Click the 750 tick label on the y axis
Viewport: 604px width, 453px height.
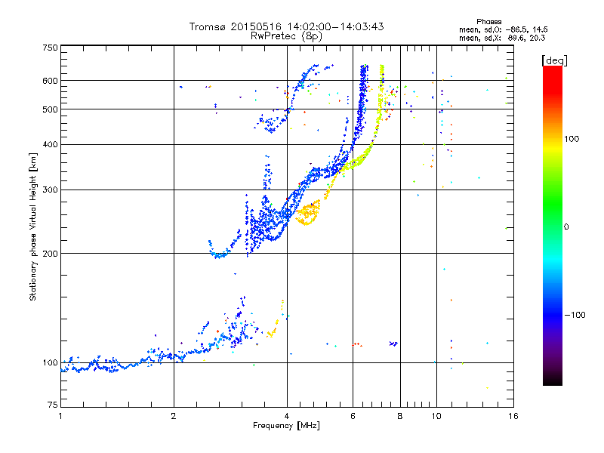tap(50, 48)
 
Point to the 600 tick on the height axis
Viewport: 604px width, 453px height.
tap(50, 81)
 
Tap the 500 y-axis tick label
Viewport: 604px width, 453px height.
tap(50, 109)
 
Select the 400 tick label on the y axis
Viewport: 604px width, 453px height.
tap(50, 144)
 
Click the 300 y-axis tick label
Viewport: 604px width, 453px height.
tap(50, 190)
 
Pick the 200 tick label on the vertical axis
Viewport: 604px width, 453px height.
tap(50, 254)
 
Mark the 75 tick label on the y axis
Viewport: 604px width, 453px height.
tap(52, 405)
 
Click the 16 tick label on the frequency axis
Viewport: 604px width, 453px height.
tap(512, 417)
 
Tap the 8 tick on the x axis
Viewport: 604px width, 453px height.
tap(400, 417)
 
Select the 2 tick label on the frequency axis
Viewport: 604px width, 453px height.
tap(174, 417)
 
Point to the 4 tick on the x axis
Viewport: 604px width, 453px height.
tap(287, 417)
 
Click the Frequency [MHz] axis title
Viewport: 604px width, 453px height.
tap(286, 427)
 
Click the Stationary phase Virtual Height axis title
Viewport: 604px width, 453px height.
tap(33, 227)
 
